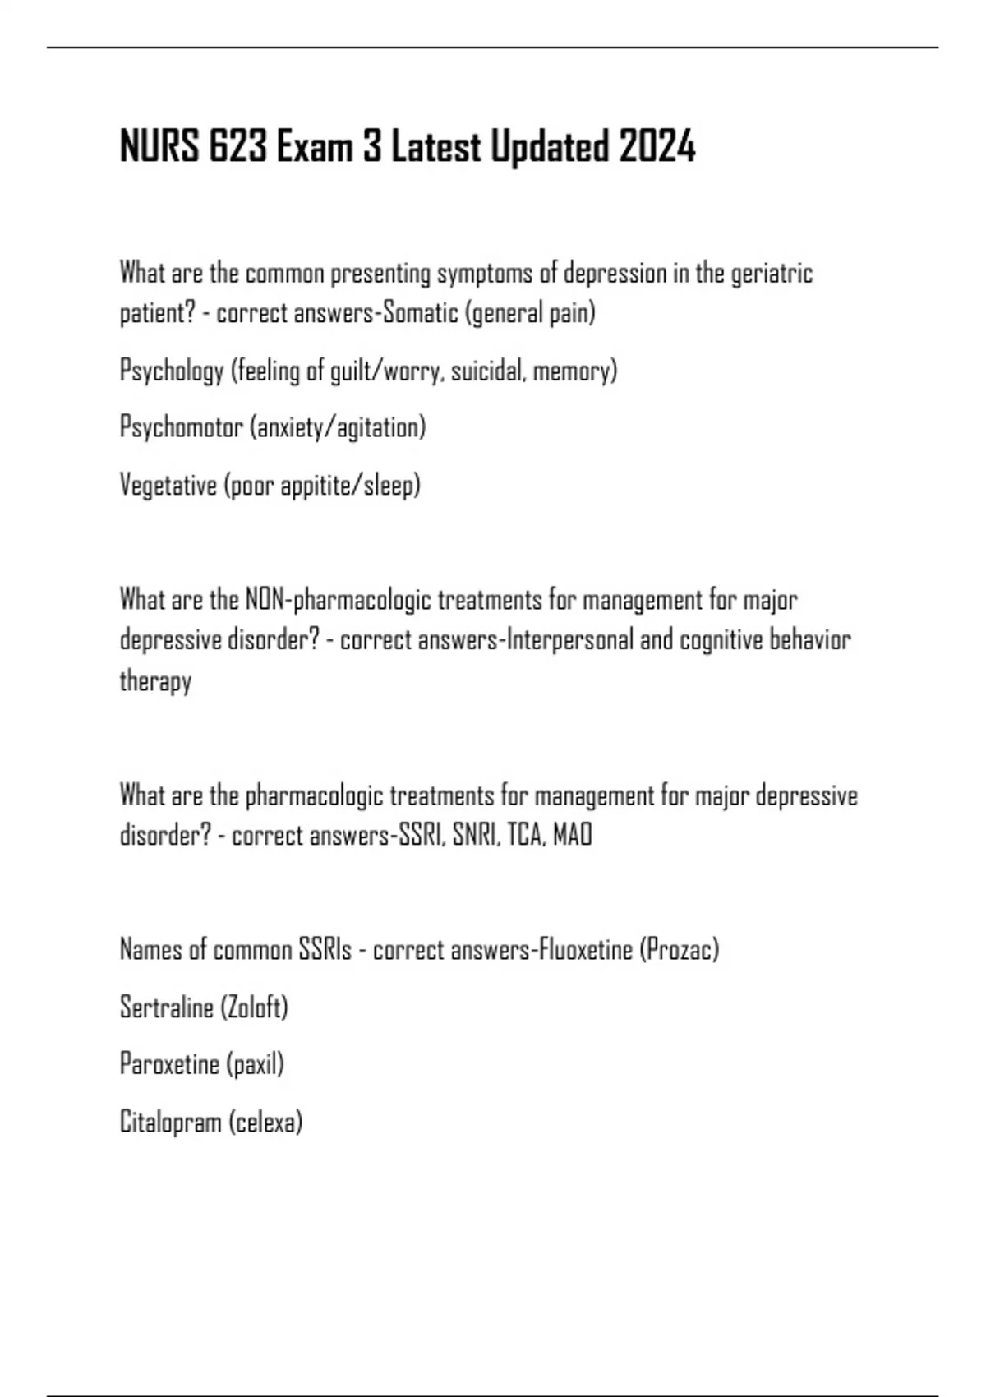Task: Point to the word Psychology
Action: [x=172, y=371]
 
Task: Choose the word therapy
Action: [x=155, y=681]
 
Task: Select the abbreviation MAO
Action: [x=573, y=836]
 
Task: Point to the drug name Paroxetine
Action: [x=169, y=1064]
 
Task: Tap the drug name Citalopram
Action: [x=170, y=1122]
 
